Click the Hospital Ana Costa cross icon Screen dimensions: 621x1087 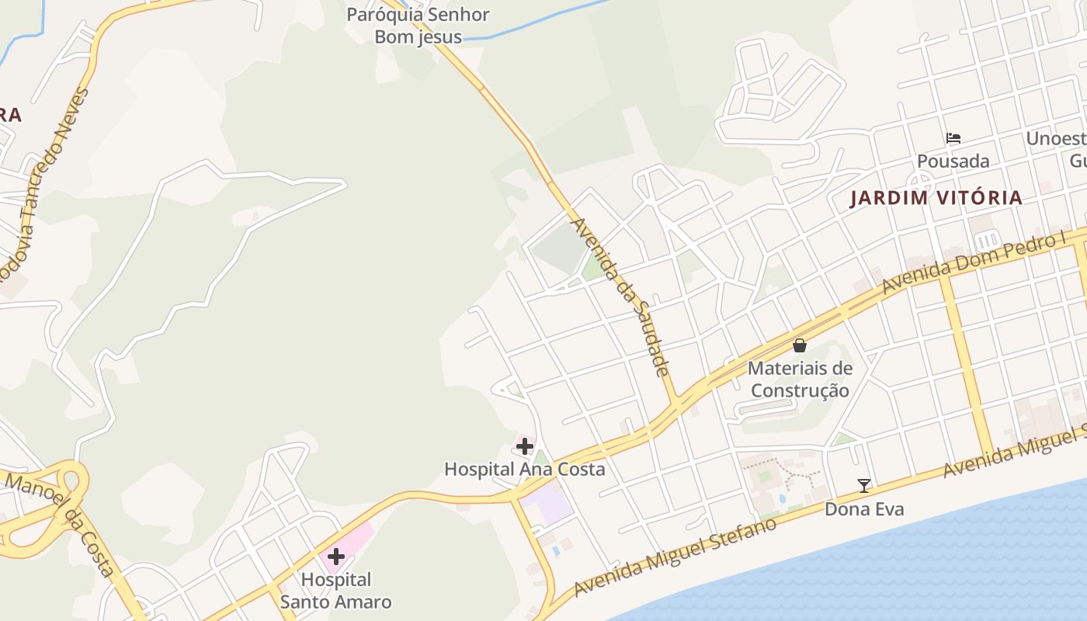coord(525,446)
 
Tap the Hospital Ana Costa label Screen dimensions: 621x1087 coord(524,469)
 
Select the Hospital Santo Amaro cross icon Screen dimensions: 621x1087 coord(336,557)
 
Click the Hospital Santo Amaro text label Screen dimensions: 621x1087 coord(335,591)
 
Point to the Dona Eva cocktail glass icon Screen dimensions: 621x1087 coord(863,486)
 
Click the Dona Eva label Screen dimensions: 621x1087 coord(864,509)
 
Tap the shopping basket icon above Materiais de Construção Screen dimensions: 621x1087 coord(800,345)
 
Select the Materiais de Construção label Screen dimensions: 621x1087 coord(800,380)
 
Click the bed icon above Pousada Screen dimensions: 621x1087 coord(953,138)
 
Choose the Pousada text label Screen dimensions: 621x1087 coord(953,161)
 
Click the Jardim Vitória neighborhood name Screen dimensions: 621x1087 coord(936,198)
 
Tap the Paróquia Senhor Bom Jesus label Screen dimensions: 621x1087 coord(418,26)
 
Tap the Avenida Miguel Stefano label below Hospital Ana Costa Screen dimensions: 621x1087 coord(675,557)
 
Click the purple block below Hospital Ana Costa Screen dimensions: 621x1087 coord(548,505)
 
